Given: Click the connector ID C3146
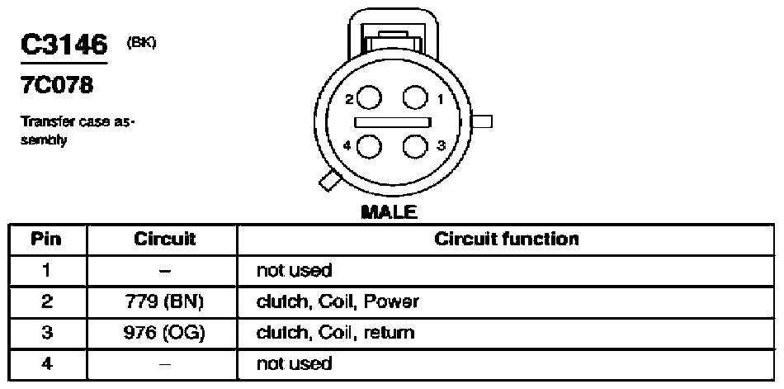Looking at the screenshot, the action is coord(64,45).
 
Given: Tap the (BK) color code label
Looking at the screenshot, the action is coord(141,43).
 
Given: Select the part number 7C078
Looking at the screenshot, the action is coord(56,86).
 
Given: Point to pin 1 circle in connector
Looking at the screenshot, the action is coord(415,97).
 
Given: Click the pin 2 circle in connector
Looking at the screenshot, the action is coord(370,97).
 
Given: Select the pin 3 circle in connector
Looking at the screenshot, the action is coord(415,147).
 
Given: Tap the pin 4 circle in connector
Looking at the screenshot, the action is coord(370,147).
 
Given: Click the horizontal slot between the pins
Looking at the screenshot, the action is coord(393,122).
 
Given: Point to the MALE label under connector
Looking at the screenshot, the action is coord(389,212).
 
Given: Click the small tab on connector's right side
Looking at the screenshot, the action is coord(482,121).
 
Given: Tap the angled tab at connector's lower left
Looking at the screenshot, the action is coord(330,181).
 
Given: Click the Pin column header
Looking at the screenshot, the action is coord(46,239).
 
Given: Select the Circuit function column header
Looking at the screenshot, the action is coord(506,239).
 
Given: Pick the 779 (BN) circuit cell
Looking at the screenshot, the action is coord(164,301).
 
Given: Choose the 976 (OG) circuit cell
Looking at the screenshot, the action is coord(164,333).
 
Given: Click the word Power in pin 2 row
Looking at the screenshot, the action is coord(391,301).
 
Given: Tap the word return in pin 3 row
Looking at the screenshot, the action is coord(389,333).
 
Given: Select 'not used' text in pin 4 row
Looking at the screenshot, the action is coord(294,363).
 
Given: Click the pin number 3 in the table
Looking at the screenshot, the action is coord(46,333).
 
